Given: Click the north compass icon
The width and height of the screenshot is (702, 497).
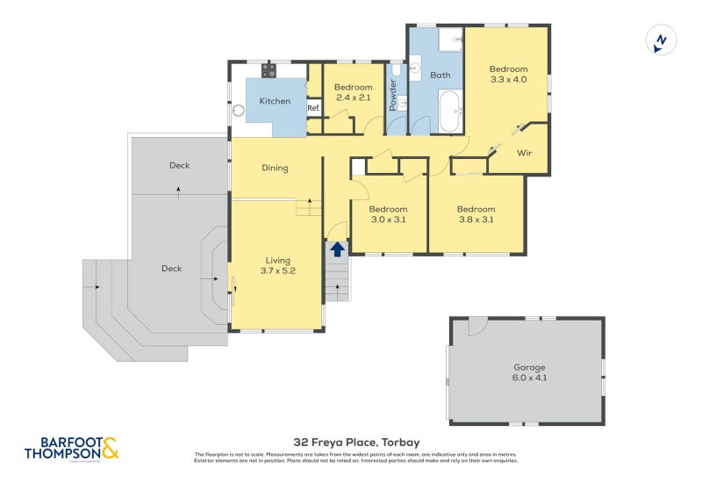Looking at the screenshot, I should coord(661,40).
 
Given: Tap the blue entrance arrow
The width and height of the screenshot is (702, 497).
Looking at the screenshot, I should coord(337,248).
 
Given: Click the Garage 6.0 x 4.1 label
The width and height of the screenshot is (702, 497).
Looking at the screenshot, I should coord(529,372).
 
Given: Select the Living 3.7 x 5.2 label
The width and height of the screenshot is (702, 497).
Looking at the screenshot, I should coord(278,265).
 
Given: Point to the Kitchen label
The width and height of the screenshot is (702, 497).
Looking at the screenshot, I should coord(274,101).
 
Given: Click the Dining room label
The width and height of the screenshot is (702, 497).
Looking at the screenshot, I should coord(275,168).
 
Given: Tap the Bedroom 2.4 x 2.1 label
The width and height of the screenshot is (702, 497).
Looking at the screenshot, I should coord(353,92).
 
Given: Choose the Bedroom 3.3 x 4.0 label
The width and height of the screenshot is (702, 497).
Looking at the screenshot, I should coord(508,74).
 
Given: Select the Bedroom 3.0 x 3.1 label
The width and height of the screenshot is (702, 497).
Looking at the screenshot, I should coord(388,214).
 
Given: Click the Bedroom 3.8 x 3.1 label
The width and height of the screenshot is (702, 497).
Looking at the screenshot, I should coord(476,214).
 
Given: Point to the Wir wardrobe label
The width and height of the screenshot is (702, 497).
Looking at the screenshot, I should coord(524,153).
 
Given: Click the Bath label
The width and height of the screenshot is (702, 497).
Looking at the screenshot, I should coord(440,75).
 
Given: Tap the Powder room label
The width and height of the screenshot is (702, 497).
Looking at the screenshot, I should coord(393,95).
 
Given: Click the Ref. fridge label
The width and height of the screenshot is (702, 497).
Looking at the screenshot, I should coord(313,108).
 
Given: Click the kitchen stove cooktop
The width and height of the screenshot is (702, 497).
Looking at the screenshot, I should coord(269,70).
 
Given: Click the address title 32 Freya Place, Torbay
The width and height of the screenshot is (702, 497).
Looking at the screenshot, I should coord(356,442).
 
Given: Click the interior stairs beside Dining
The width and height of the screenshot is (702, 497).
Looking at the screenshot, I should coord(308,206).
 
